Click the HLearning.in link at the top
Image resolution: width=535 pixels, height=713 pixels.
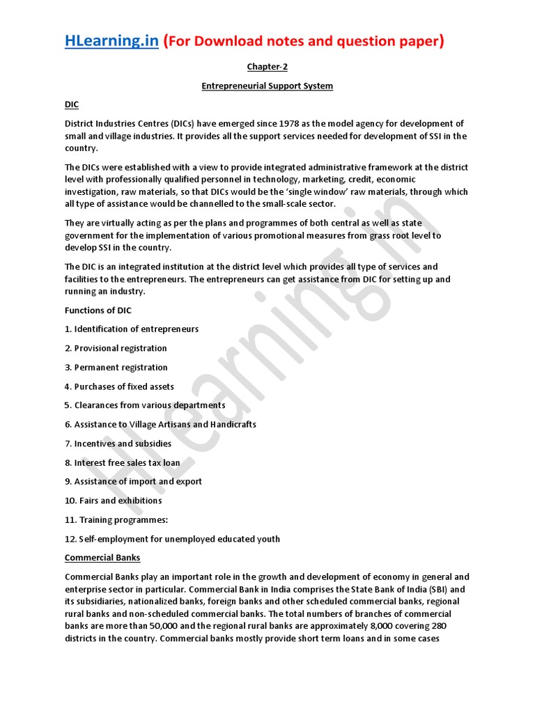click(x=111, y=42)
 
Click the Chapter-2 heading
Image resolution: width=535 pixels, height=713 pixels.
click(x=267, y=67)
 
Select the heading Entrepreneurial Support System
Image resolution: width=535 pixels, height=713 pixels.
click(x=267, y=86)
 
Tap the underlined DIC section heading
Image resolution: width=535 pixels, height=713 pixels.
click(x=72, y=104)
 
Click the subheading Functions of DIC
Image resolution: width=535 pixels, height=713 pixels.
click(x=98, y=311)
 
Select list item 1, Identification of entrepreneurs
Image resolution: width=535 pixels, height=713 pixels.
click(x=132, y=329)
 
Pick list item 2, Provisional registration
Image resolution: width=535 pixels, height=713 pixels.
click(x=116, y=348)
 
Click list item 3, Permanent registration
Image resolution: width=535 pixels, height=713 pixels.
click(x=116, y=367)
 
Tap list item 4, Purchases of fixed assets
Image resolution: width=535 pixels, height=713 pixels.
click(x=119, y=386)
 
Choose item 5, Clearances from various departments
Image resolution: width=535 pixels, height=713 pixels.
click(x=145, y=405)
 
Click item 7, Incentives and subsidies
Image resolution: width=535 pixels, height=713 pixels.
click(x=118, y=444)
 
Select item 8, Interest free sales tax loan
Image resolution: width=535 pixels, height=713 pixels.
click(x=122, y=462)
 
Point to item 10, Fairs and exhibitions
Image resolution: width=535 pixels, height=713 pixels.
click(x=113, y=501)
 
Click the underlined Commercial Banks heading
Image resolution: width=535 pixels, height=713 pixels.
click(x=102, y=558)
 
